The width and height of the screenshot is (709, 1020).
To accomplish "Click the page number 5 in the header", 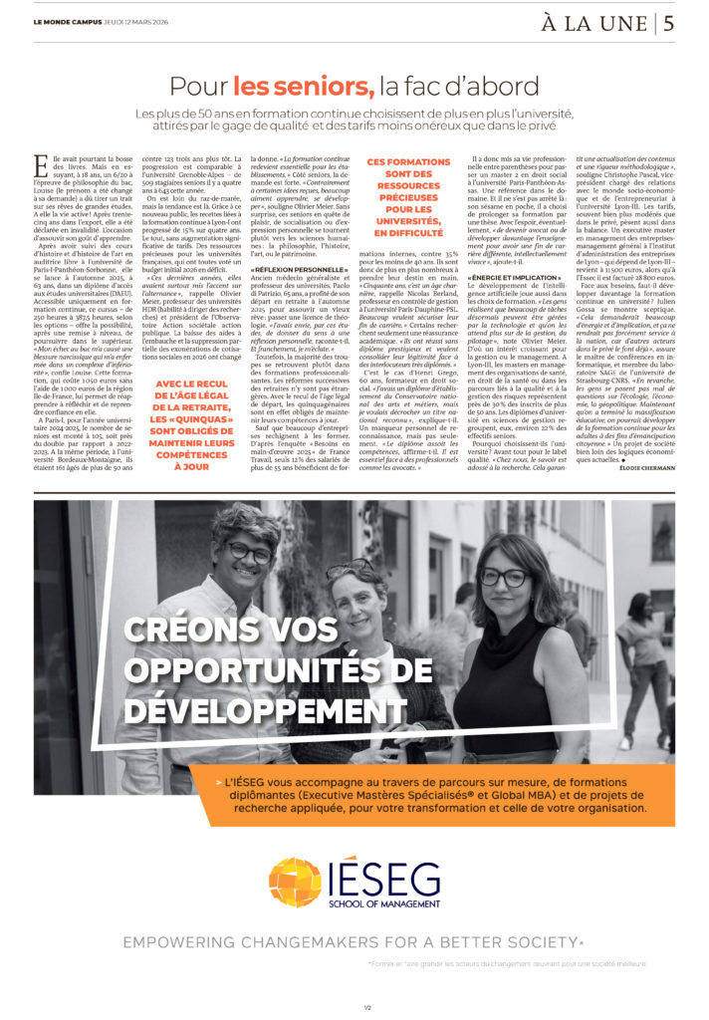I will point(670,22).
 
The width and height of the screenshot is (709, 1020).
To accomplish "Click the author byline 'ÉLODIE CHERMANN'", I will point(641,467).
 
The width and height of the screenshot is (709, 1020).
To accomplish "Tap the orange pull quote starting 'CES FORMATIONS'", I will point(408,196).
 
